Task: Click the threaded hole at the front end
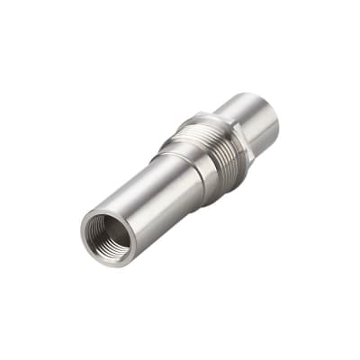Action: pyautogui.click(x=107, y=237)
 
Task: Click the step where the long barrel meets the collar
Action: pyautogui.click(x=166, y=166)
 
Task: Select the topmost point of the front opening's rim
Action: pyautogui.click(x=102, y=209)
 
